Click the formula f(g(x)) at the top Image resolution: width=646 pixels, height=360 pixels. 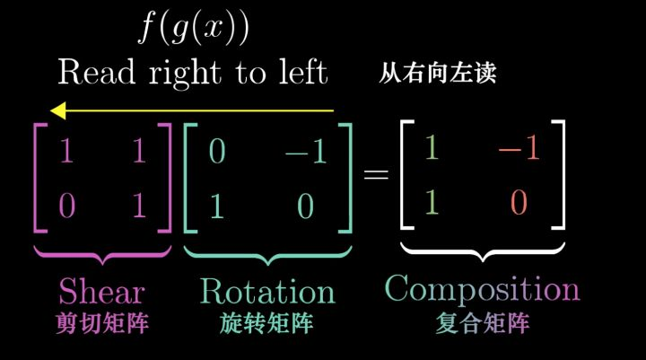coord(192,29)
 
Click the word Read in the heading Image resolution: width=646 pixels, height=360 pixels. coord(96,71)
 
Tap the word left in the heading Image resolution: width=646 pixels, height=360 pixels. coord(298,71)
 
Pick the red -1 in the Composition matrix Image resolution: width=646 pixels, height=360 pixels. coord(519,148)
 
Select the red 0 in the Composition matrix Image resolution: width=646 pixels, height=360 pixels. coord(519,203)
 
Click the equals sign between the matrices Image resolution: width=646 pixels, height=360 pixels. coord(375,175)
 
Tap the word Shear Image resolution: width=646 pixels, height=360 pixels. coord(101,291)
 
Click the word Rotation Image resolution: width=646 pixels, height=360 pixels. coord(267,291)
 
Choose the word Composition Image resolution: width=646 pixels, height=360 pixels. coord(483,289)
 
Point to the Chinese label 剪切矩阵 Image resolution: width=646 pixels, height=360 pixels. coord(101,324)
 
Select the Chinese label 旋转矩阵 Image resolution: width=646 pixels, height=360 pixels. coord(266,324)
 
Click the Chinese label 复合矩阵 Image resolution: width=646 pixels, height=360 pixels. coord(483,322)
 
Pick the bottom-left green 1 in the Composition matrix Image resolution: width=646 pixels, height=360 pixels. coord(432,203)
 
